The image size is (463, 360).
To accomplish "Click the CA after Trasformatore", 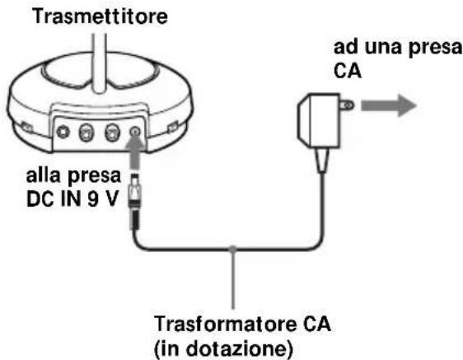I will [279, 320].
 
